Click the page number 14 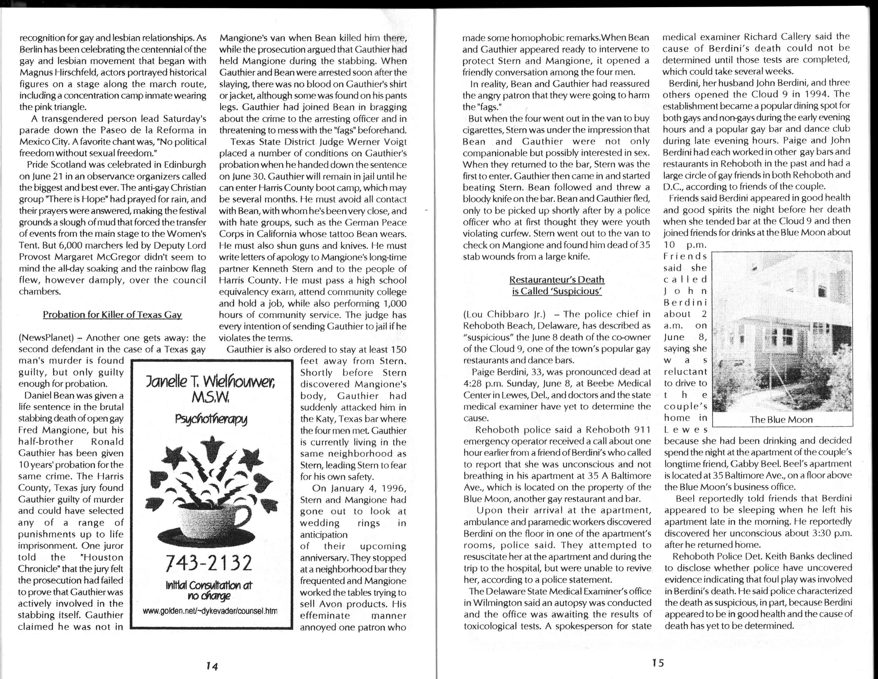212,666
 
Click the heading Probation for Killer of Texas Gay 112,314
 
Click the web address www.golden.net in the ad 210,611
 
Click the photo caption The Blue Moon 781,420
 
